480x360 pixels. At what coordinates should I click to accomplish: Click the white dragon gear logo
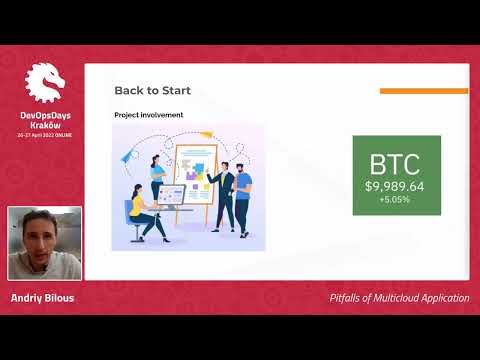pos(44,84)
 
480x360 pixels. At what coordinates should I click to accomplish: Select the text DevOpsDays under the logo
pos(44,115)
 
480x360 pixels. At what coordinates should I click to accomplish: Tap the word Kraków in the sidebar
pos(44,125)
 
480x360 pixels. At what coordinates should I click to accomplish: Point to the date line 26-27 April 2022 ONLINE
pos(44,135)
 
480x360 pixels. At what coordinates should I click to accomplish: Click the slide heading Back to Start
pos(152,91)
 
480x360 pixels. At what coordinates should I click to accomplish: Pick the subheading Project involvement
pos(148,115)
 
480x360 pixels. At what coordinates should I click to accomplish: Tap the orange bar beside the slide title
pos(424,91)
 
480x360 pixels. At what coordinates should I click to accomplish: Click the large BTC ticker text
pos(394,165)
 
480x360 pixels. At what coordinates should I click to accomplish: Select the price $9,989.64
pos(394,186)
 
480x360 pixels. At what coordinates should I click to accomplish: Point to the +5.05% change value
pos(394,199)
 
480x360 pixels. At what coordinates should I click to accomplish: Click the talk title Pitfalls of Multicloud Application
pos(399,298)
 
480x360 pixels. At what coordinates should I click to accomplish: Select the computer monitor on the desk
pos(170,196)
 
